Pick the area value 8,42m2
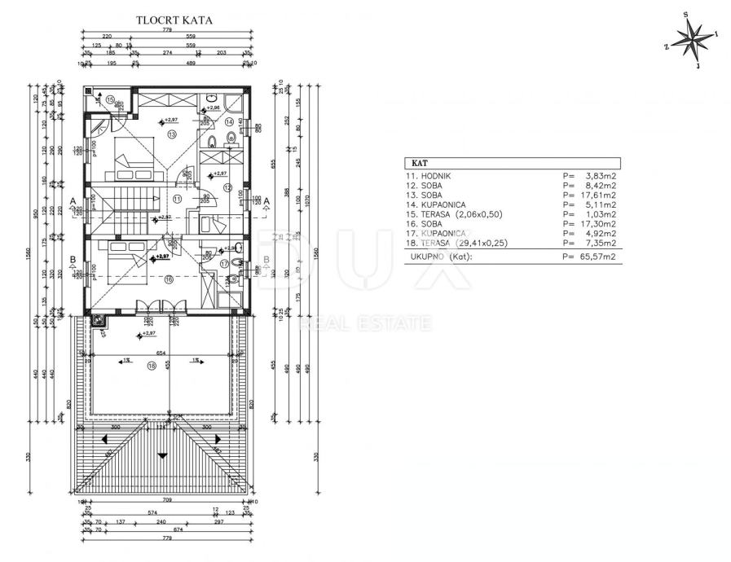click(x=599, y=186)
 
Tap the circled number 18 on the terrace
click(x=152, y=366)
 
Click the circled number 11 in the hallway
click(x=177, y=198)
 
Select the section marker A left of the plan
click(x=73, y=200)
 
